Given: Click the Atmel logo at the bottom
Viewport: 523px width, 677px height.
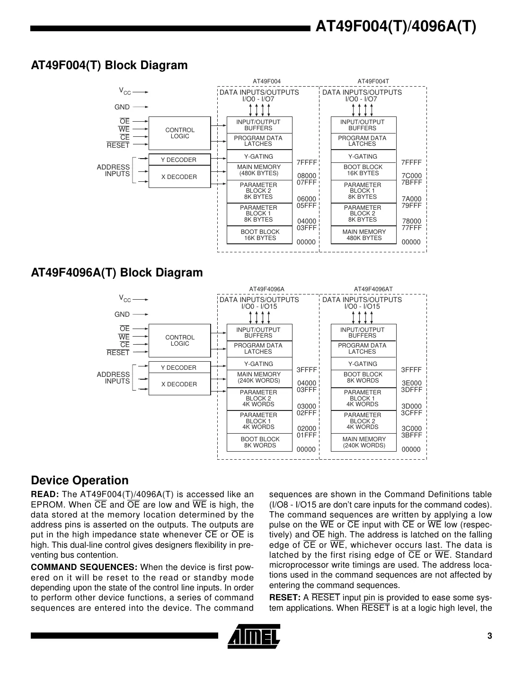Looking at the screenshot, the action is tap(254, 636).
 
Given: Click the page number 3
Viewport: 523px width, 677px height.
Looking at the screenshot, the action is tap(490, 636).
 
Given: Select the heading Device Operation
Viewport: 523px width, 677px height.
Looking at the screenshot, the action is tap(80, 480).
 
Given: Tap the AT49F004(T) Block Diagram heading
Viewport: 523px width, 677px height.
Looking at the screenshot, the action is tap(109, 65).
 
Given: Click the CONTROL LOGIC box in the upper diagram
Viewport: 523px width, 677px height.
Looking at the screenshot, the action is tap(179, 133).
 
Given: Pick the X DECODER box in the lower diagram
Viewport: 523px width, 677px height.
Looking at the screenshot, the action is tap(179, 384).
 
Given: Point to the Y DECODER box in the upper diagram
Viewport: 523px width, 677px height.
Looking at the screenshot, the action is tap(178, 160).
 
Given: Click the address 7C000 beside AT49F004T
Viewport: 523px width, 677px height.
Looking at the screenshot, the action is tap(411, 176).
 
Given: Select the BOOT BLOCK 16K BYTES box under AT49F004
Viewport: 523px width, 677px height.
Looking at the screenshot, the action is tap(260, 235).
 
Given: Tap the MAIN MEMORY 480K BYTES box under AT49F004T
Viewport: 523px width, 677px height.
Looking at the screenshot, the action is tap(363, 235).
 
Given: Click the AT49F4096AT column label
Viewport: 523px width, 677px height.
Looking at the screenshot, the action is tap(373, 289).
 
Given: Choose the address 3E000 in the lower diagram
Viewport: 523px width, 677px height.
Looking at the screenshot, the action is tap(411, 383).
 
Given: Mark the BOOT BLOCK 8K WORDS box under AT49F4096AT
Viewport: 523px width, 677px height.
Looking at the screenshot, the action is tap(363, 377).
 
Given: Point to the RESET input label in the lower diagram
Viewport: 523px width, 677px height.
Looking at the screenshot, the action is tap(118, 353).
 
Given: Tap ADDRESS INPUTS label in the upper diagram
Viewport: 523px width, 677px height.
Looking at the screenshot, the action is tap(113, 170).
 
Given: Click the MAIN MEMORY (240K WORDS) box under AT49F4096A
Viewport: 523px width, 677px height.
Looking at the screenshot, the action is tap(259, 377).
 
